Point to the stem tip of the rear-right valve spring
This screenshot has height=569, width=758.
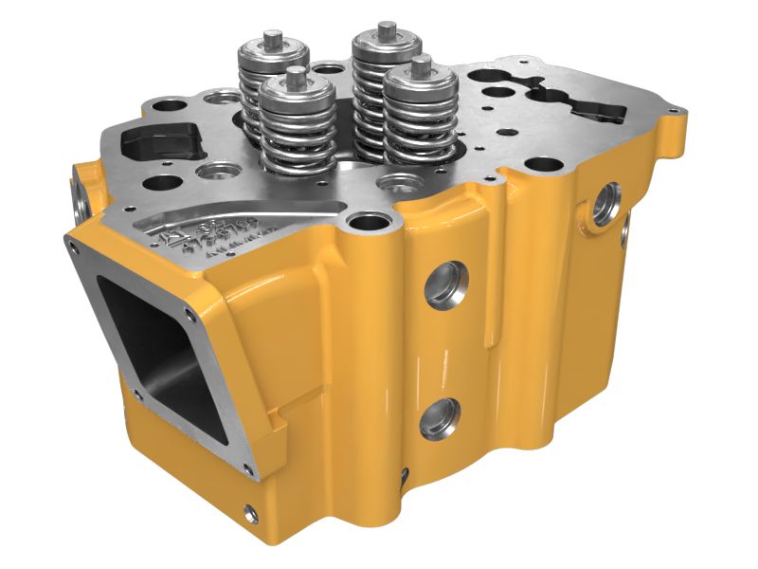tap(386, 28)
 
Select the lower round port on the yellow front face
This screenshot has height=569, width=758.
tap(440, 418)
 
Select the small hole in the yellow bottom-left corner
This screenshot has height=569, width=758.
tap(250, 513)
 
